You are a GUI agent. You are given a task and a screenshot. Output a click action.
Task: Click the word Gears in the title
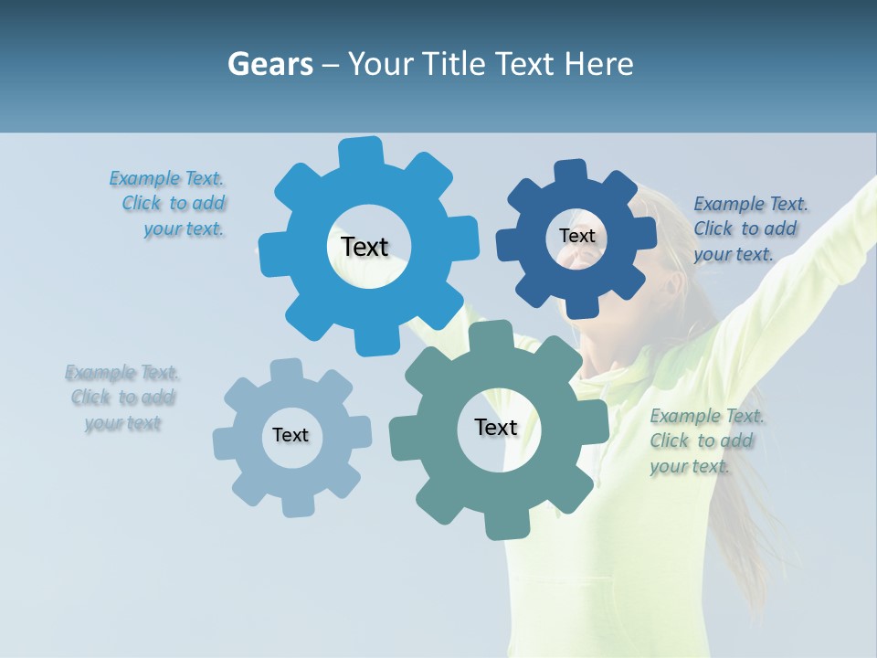point(269,64)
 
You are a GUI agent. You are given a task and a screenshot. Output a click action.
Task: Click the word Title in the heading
point(460,64)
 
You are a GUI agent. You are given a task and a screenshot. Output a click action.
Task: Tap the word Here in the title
point(598,64)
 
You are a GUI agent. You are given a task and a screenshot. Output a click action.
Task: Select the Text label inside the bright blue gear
point(365,247)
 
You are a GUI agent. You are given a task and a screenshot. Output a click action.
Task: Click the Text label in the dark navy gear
point(576,236)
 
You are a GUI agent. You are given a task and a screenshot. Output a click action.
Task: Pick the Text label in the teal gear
point(496,427)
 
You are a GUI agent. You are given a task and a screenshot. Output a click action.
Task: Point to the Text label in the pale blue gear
point(291,435)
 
